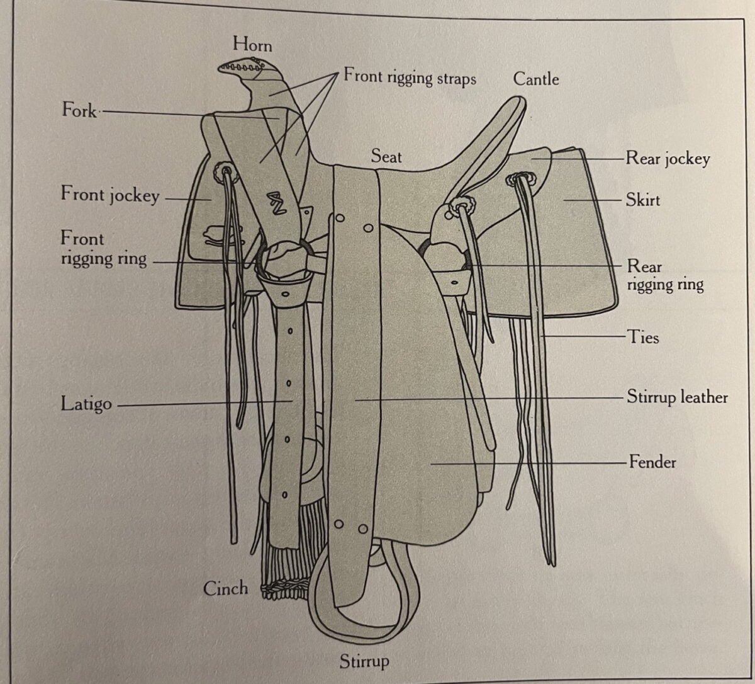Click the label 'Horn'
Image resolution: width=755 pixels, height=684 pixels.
[252, 44]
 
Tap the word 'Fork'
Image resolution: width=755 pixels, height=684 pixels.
[79, 110]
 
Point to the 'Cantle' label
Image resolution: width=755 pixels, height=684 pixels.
[536, 79]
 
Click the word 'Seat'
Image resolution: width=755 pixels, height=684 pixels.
[386, 156]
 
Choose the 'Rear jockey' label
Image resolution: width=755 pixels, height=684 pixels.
[668, 158]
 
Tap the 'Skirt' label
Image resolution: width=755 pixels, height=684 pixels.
[642, 200]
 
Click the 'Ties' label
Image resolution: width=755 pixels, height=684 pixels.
[643, 338]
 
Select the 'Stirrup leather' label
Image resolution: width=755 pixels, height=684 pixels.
[677, 397]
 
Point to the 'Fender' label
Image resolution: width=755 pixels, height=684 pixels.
[652, 462]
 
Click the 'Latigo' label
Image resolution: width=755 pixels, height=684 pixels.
[86, 404]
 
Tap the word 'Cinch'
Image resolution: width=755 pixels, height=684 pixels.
[225, 588]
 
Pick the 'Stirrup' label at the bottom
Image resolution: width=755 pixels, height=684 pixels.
[364, 661]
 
